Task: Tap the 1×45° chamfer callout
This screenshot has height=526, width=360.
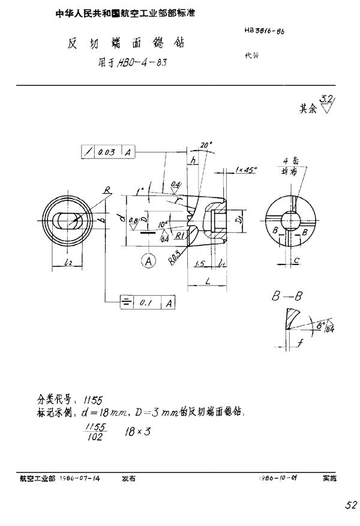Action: pyautogui.click(x=246, y=169)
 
